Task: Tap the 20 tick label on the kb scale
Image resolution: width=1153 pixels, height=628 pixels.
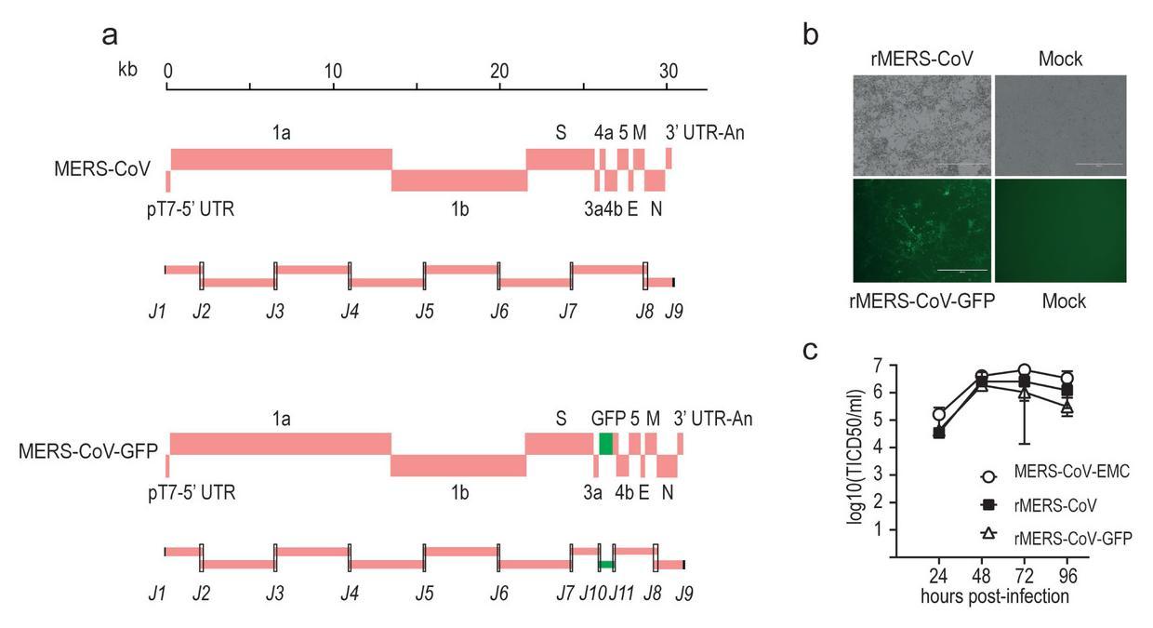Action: coord(499,71)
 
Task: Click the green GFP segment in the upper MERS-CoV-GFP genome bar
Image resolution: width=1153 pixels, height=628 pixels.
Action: coord(606,444)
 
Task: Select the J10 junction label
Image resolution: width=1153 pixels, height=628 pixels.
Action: coord(592,593)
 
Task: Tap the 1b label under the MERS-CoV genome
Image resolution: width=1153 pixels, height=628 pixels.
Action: coord(459,209)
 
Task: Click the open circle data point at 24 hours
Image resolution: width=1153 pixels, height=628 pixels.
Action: coord(939,414)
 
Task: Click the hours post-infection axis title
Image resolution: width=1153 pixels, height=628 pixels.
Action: coord(994,595)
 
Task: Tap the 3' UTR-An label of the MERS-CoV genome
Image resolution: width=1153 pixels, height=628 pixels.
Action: coord(704,132)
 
